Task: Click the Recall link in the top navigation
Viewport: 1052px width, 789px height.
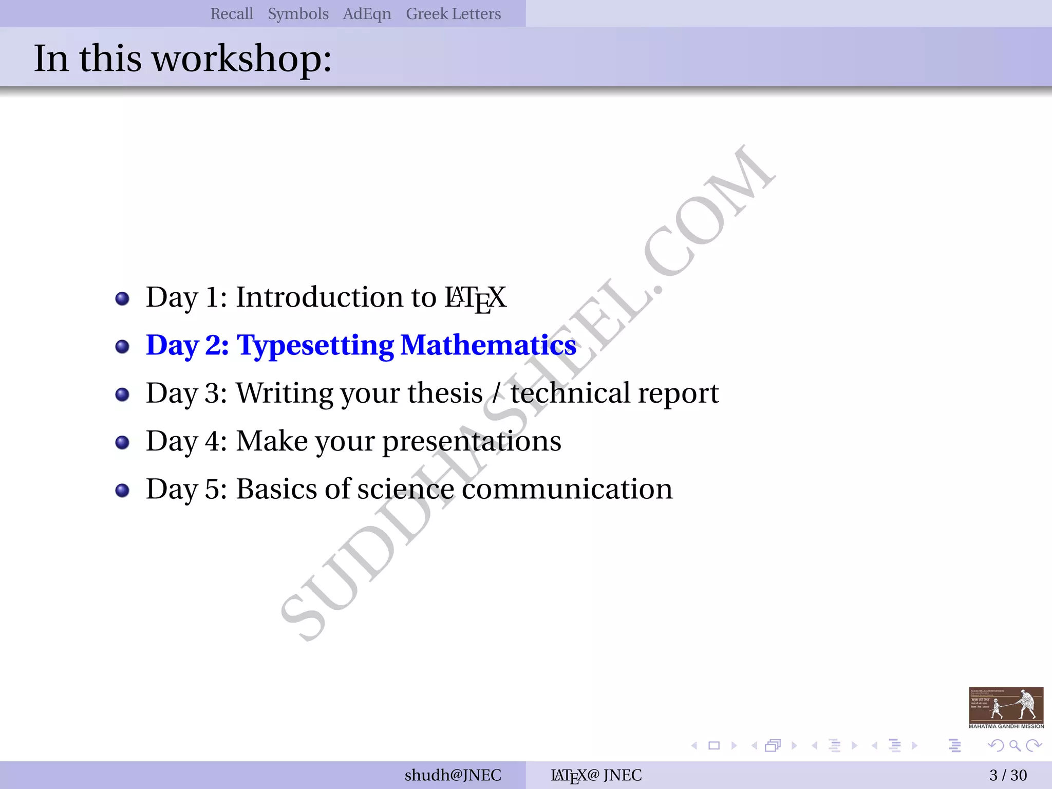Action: click(232, 14)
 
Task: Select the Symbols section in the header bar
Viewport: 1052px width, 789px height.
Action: click(298, 14)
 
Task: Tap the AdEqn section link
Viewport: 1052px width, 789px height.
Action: click(367, 14)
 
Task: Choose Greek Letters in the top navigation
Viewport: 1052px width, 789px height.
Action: click(453, 14)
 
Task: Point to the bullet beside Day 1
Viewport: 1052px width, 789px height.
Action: click(122, 298)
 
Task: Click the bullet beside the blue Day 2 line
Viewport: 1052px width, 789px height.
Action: click(122, 346)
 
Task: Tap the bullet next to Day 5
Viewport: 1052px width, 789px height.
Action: click(122, 490)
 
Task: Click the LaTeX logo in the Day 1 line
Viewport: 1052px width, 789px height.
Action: click(475, 298)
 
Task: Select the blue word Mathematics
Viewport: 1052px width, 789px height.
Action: click(488, 345)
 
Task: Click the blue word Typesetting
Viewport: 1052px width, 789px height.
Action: click(314, 345)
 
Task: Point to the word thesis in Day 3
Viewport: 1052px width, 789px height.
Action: click(445, 393)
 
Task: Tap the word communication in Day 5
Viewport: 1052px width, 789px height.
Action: click(567, 489)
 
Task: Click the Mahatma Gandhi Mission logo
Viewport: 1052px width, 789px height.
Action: click(1006, 707)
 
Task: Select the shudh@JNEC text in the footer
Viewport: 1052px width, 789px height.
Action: click(453, 775)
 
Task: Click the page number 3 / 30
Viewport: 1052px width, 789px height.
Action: click(1008, 775)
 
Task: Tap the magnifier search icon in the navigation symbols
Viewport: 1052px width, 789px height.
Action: click(1015, 745)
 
